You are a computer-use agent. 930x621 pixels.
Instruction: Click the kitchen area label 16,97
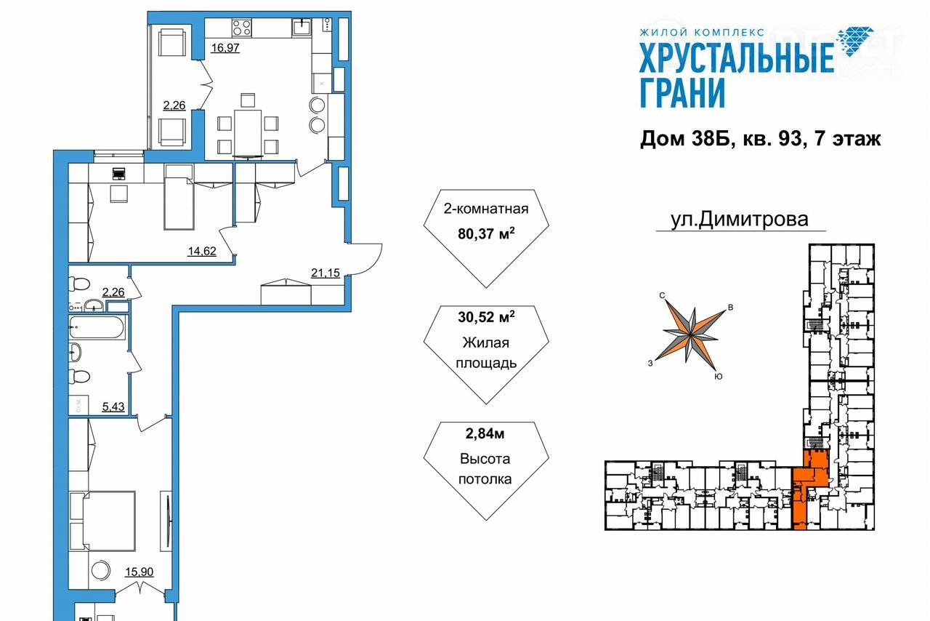pos(225,48)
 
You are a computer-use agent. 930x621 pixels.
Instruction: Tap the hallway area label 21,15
pos(325,273)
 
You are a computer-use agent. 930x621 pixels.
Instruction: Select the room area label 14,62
pos(202,251)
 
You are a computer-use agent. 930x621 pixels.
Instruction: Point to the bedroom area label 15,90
pos(139,572)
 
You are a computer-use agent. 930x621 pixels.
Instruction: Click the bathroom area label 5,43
pos(113,406)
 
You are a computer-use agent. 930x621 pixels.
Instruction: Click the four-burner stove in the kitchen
pos(241,28)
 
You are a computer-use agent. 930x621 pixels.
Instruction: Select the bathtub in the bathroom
pos(97,327)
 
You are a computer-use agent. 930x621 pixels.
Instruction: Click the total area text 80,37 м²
pos(486,233)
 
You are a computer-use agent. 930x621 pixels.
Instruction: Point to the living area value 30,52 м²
pos(486,317)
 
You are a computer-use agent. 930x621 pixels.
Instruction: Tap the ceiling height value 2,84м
pos(485,433)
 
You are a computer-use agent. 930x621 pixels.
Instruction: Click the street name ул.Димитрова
pos(740,219)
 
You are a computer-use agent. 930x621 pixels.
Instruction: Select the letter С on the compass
pos(662,295)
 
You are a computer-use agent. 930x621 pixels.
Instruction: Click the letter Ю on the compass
pos(719,377)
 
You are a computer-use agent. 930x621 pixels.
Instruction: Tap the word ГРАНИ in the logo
pos(682,94)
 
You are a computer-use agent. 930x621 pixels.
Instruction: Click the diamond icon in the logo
pos(855,41)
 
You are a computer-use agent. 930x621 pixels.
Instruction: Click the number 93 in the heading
pos(790,138)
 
